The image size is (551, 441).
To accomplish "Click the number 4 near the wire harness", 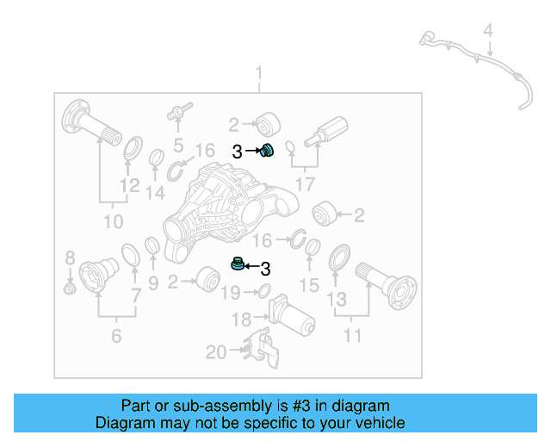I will pyautogui.click(x=488, y=31).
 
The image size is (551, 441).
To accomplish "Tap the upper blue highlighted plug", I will pyautogui.click(x=267, y=152).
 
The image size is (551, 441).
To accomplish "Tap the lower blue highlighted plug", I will pyautogui.click(x=236, y=264).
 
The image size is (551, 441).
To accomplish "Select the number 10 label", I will pyautogui.click(x=114, y=222).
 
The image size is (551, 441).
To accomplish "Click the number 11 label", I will pyautogui.click(x=352, y=335).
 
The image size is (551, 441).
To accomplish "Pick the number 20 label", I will pyautogui.click(x=216, y=351).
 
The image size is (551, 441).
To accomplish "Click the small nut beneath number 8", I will pyautogui.click(x=71, y=288).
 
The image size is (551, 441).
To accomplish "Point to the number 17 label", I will pyautogui.click(x=304, y=183).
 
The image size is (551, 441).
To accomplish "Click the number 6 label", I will pyautogui.click(x=116, y=336).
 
